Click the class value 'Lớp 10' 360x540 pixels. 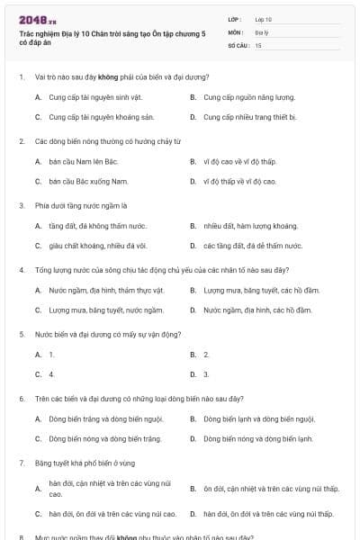[x=263, y=19]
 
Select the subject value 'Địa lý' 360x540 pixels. [x=260, y=31]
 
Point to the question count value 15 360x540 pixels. [x=258, y=44]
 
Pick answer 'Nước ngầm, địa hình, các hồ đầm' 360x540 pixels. [x=257, y=310]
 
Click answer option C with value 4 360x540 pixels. [x=52, y=373]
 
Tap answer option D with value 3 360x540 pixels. [x=206, y=373]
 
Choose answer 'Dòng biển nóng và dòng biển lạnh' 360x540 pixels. [x=258, y=438]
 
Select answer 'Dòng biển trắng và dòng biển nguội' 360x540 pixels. [x=105, y=418]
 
